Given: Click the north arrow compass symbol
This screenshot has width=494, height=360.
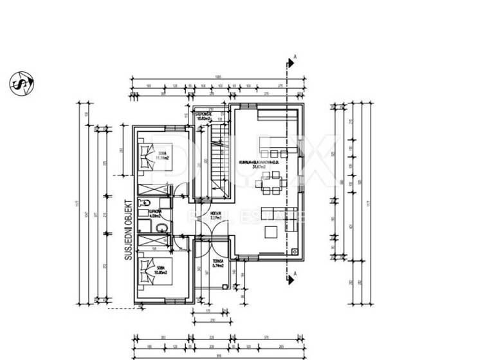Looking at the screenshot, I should tap(22, 84).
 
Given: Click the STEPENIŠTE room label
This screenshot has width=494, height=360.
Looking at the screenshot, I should tap(204, 117).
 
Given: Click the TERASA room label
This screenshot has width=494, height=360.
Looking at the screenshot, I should tap(217, 263).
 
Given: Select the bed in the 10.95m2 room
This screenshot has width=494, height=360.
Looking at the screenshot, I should tap(146, 272).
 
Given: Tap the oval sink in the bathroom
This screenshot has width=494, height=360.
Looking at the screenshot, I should tap(161, 228).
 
